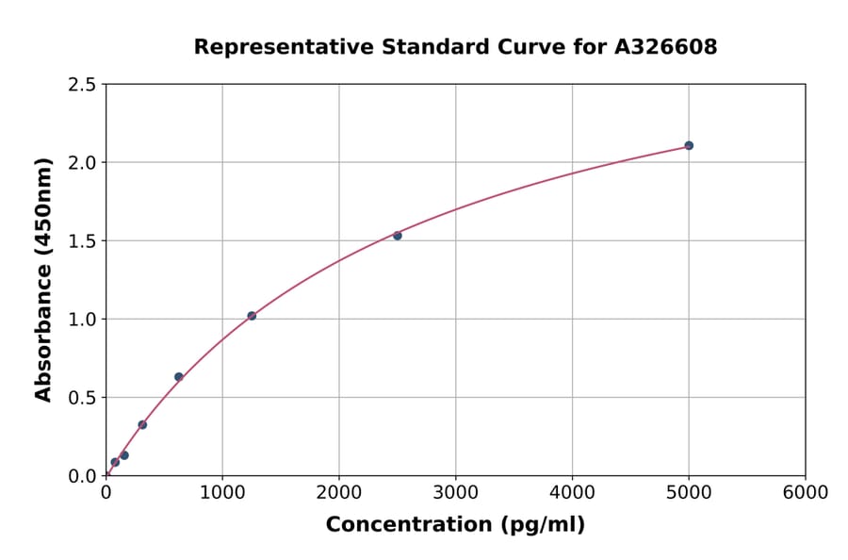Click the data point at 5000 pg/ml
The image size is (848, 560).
pyautogui.click(x=689, y=145)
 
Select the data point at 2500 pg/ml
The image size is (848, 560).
pyautogui.click(x=398, y=236)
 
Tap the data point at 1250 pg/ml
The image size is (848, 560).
pyautogui.click(x=252, y=316)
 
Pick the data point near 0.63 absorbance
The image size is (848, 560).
pyautogui.click(x=179, y=377)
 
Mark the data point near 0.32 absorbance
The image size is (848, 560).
pyautogui.click(x=142, y=424)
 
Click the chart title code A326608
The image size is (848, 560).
pyautogui.click(x=665, y=47)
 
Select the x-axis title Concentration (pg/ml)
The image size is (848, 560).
pyautogui.click(x=455, y=525)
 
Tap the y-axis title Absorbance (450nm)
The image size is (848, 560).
pyautogui.click(x=43, y=279)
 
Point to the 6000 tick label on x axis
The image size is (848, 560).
pyautogui.click(x=806, y=493)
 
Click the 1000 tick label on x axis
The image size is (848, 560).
pyautogui.click(x=222, y=493)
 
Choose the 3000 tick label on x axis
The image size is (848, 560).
pyautogui.click(x=455, y=493)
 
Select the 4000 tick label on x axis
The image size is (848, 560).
pyautogui.click(x=572, y=493)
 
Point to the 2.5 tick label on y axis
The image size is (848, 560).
pyautogui.click(x=82, y=84)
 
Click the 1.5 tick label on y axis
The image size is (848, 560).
pyautogui.click(x=82, y=240)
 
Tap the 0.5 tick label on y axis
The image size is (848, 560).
pyautogui.click(x=82, y=397)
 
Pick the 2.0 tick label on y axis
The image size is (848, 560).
pyautogui.click(x=82, y=162)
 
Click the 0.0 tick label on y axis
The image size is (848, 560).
pyautogui.click(x=82, y=475)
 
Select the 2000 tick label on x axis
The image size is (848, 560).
pyautogui.click(x=339, y=493)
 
